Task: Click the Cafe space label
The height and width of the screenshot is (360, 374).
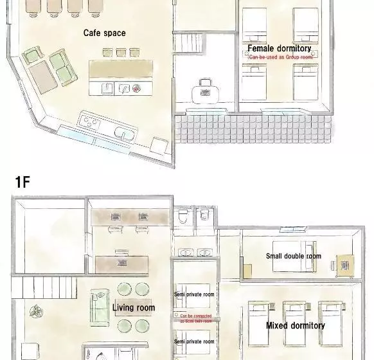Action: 104,33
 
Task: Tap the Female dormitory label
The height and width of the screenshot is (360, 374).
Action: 280,48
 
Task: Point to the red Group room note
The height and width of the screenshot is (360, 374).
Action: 280,57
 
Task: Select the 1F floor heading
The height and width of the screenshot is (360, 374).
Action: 22,182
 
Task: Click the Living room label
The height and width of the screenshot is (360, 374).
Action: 133,308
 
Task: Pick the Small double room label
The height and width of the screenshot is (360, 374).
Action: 293,256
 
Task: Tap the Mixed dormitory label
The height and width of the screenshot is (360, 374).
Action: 295,325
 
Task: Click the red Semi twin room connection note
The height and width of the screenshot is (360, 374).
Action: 195,318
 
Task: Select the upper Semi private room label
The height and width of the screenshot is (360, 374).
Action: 195,294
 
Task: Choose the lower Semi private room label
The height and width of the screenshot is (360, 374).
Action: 195,341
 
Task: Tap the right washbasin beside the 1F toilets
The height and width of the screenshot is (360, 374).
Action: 206,253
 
